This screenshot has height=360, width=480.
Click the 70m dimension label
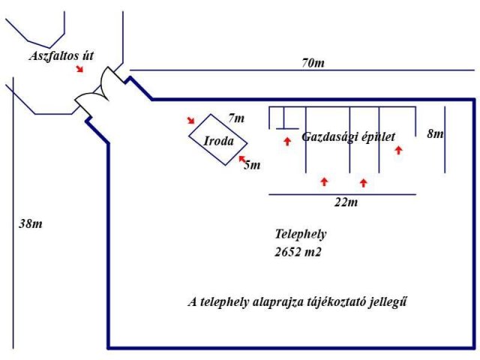(313, 63)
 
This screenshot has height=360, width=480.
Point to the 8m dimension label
(434, 133)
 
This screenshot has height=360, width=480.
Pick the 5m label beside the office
(252, 165)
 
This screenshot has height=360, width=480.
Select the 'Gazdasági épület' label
(348, 137)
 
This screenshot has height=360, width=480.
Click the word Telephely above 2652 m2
(301, 234)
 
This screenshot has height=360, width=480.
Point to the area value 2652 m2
(298, 252)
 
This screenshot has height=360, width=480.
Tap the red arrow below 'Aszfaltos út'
(79, 69)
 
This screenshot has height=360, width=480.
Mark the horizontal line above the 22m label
(341, 195)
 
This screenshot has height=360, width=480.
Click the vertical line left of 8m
(445, 139)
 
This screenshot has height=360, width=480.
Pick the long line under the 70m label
(300, 70)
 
